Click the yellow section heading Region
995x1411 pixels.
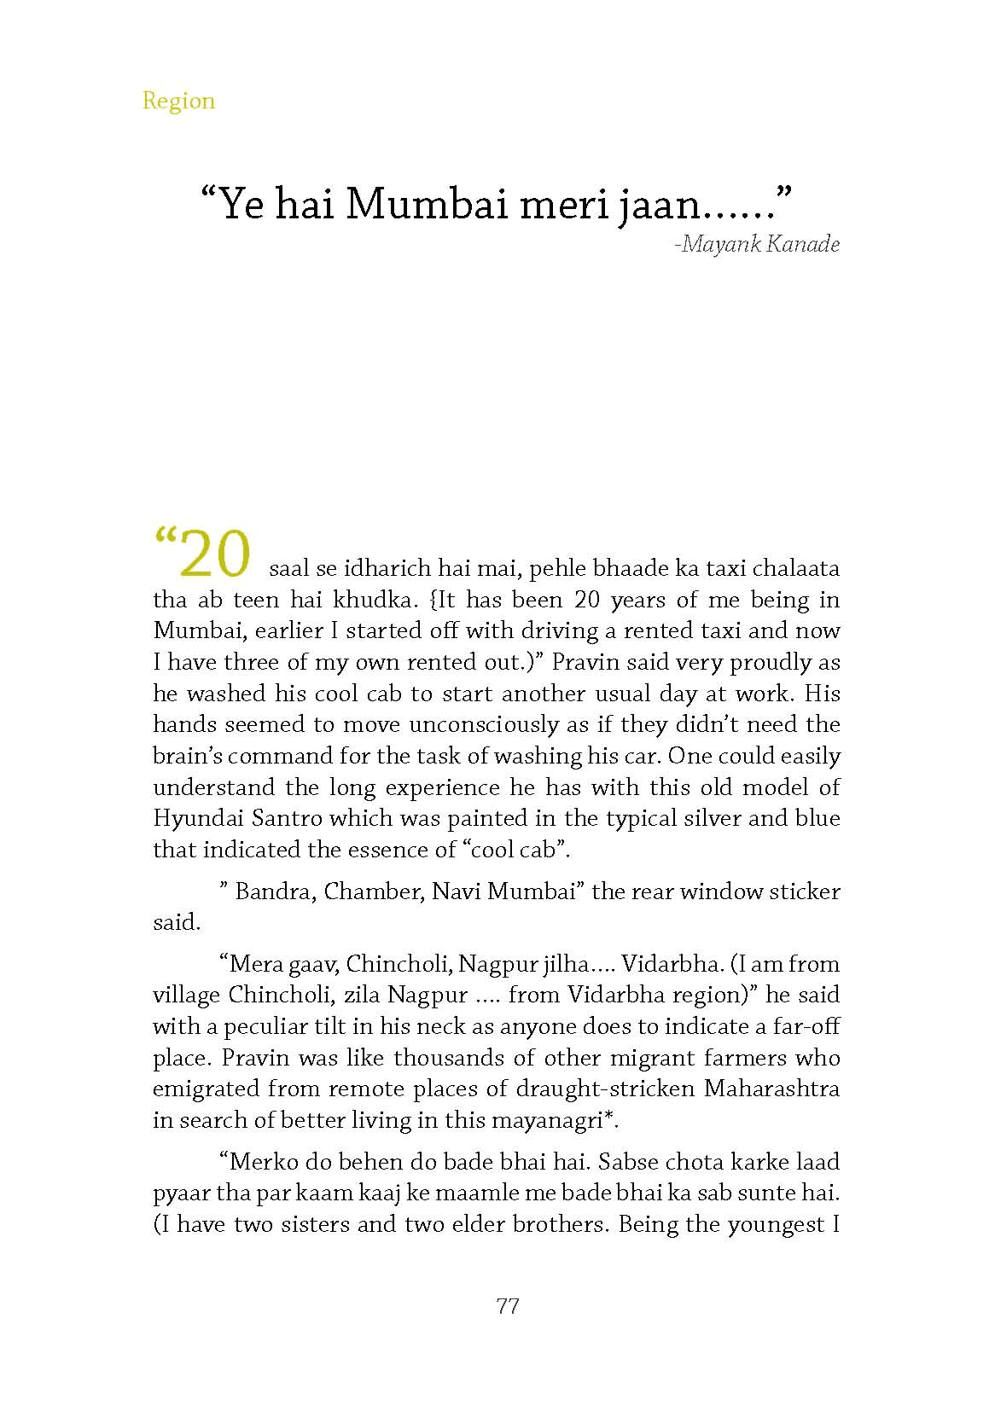pyautogui.click(x=178, y=101)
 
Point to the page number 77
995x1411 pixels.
pyautogui.click(x=507, y=1306)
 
